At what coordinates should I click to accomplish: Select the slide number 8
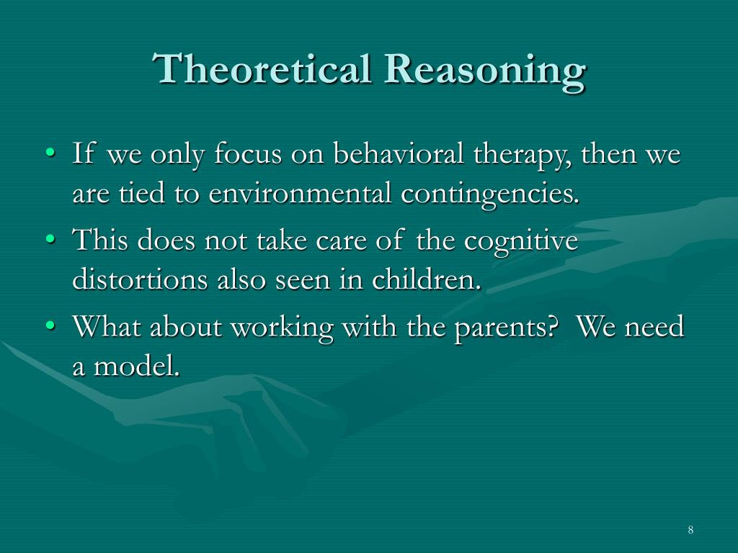[690, 531]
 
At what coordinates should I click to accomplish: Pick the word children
[426, 280]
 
